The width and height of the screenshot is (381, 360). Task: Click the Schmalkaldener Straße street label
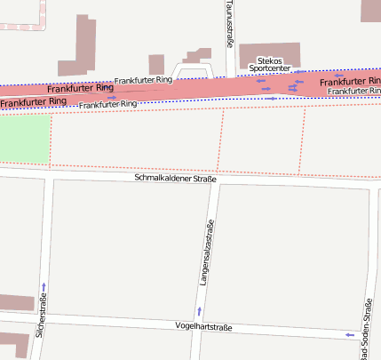pyautogui.click(x=175, y=179)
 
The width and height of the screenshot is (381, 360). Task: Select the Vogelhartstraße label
pyautogui.click(x=204, y=327)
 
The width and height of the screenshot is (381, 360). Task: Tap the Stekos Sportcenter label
pyautogui.click(x=267, y=64)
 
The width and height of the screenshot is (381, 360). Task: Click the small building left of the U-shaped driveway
pyautogui.click(x=156, y=64)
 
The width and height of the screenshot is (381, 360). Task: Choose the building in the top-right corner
pyautogui.click(x=370, y=10)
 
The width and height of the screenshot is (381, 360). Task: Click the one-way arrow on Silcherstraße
pyautogui.click(x=44, y=286)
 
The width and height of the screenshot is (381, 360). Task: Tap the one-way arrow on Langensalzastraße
pyautogui.click(x=199, y=310)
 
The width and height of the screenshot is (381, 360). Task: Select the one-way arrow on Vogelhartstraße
pyautogui.click(x=347, y=334)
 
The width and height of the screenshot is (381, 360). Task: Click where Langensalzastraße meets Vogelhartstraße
pyautogui.click(x=198, y=327)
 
